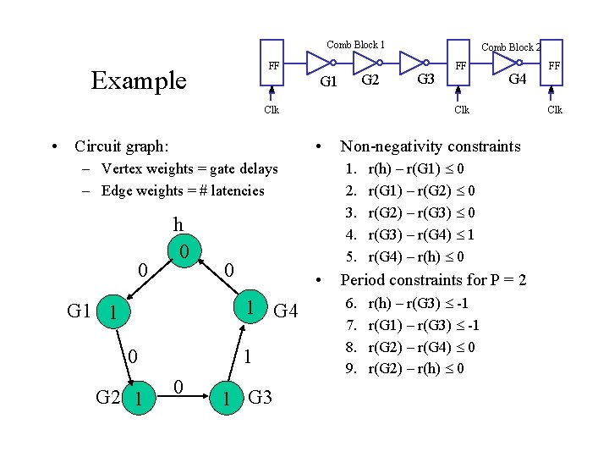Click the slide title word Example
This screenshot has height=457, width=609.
[138, 80]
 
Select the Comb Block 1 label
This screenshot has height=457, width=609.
[355, 44]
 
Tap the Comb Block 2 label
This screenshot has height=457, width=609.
[510, 47]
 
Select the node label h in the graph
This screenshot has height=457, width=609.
[178, 225]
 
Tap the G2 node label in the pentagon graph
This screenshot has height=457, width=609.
[107, 396]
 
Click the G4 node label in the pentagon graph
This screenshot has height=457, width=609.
[288, 312]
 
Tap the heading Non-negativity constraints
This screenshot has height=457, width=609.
[430, 146]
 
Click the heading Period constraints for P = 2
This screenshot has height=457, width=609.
[432, 279]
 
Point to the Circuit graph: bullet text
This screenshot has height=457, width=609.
[121, 146]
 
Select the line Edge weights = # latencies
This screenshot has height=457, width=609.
[182, 190]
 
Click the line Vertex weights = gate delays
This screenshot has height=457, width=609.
[189, 168]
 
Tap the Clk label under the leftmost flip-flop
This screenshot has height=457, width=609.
[271, 109]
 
